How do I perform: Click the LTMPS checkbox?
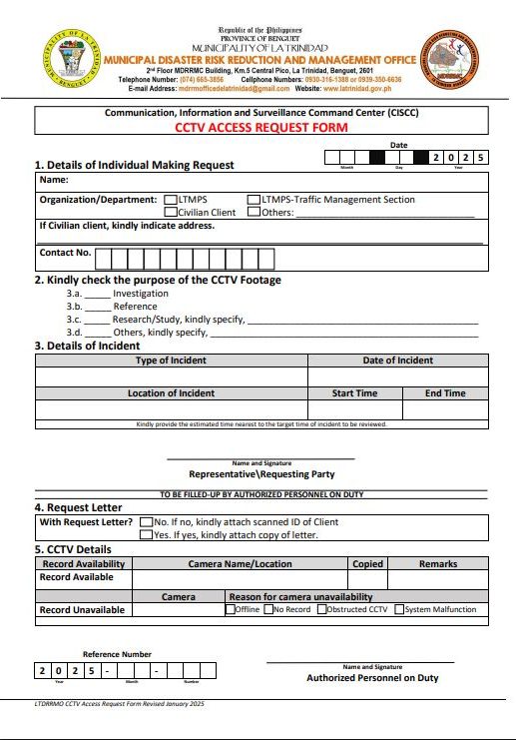point(171,200)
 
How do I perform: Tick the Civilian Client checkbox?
point(171,212)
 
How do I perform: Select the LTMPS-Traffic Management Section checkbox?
point(255,200)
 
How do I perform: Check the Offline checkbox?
point(231,609)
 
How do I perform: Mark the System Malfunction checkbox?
point(399,609)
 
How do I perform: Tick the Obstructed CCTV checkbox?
point(321,609)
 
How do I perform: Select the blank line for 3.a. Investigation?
point(96,295)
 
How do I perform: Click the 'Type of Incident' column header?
point(171,361)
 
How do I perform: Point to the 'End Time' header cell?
point(445,393)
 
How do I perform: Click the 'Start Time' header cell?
point(354,393)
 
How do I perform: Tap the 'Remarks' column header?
point(438,564)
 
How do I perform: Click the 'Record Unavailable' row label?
point(82,609)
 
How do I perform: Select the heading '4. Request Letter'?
point(79,507)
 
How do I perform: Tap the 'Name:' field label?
point(53,181)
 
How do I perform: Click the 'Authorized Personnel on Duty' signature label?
point(372,678)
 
